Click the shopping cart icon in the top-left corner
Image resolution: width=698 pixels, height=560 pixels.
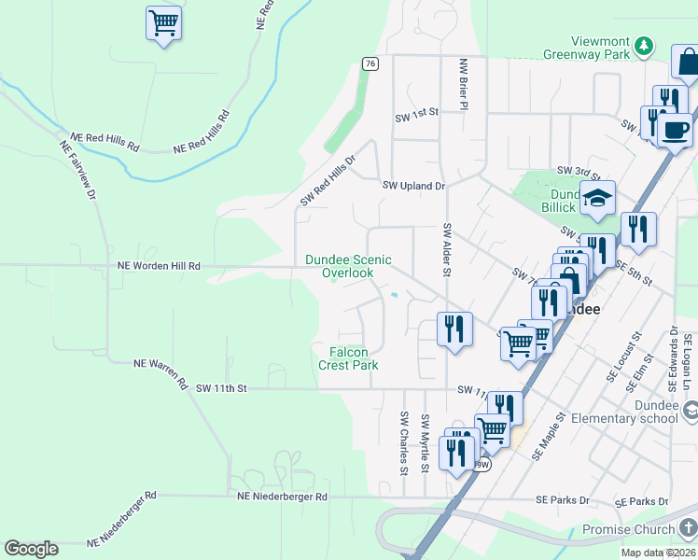coord(163,22)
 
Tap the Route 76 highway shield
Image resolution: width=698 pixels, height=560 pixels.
coord(370,63)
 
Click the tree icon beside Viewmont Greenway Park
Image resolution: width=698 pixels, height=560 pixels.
coord(643,45)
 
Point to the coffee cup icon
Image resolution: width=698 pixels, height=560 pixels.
coord(675,130)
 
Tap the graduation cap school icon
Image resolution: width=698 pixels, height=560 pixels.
coord(597,197)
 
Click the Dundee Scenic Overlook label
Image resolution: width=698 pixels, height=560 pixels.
coord(348,266)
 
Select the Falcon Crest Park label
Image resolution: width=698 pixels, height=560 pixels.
coord(348,358)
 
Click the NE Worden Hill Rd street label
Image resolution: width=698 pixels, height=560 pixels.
coord(160,266)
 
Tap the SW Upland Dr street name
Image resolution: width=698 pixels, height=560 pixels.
coord(414,186)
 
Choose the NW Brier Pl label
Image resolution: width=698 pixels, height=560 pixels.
coord(463,83)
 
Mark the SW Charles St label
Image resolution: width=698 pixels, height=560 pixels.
coord(404,443)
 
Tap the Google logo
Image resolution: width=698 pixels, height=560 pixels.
coord(31,549)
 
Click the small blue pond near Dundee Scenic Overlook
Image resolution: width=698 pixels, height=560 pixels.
coord(395,296)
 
